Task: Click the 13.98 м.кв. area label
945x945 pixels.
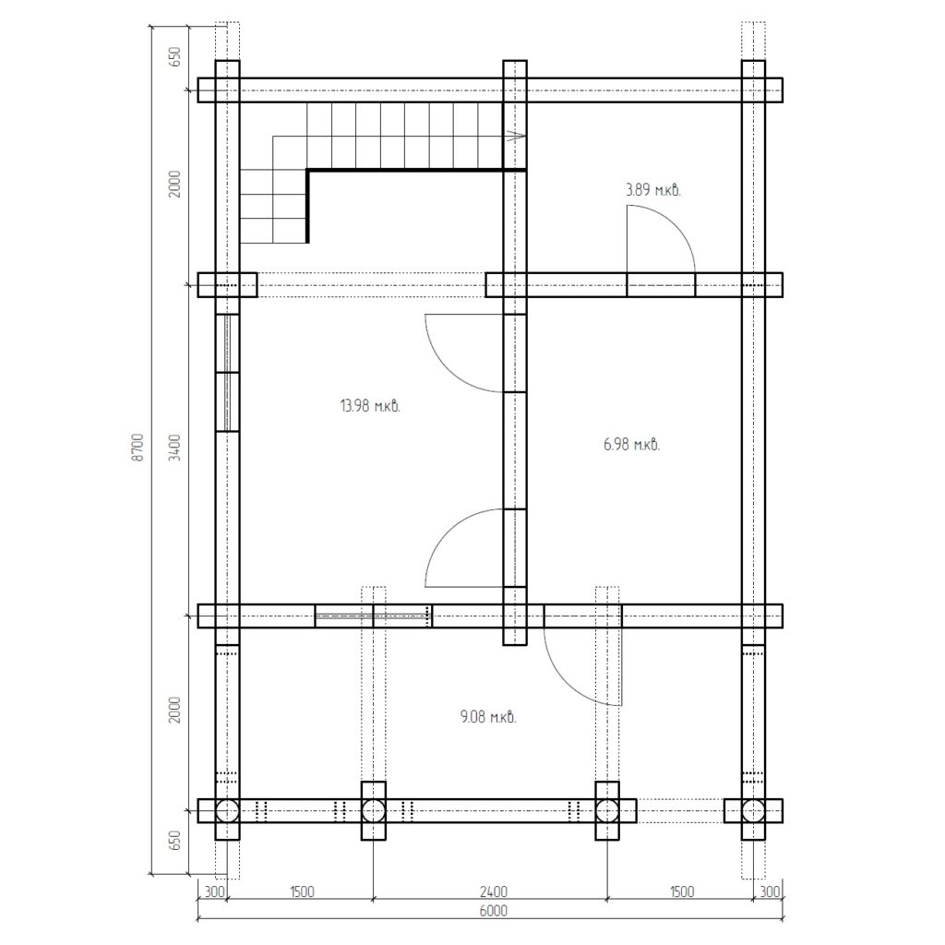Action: tap(370, 406)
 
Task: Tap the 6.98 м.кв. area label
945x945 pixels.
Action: tap(631, 445)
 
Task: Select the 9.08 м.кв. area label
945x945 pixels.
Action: tap(488, 717)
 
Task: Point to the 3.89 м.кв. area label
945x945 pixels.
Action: tap(653, 190)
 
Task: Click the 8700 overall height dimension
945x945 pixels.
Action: tap(138, 447)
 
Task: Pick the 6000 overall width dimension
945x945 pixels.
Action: tap(493, 910)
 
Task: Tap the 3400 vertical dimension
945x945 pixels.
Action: tap(174, 448)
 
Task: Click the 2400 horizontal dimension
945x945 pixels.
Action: tap(493, 891)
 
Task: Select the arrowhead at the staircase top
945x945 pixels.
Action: tap(517, 137)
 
